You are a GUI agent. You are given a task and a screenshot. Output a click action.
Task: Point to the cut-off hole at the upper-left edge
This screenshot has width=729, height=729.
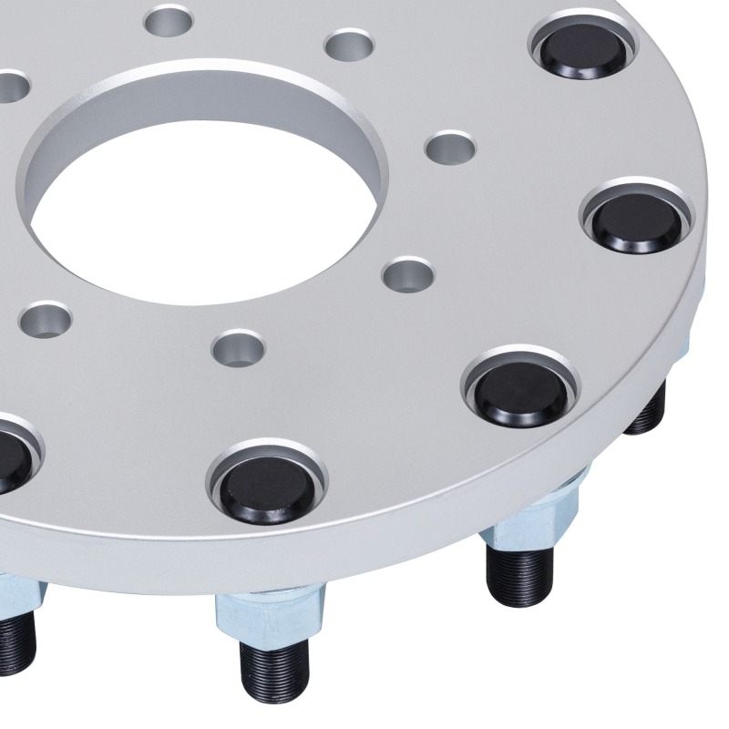click(11, 86)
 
